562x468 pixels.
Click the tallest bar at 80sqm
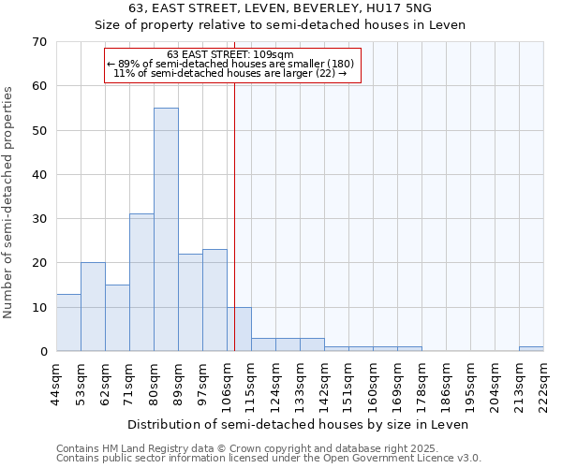[166, 229]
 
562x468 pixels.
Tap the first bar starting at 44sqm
[68, 323]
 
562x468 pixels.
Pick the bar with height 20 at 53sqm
[93, 307]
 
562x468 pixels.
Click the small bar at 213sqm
[531, 349]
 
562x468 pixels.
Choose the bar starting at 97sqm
[214, 300]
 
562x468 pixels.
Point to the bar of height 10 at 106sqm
[239, 329]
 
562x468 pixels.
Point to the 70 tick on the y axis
[39, 42]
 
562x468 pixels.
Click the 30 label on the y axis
[39, 219]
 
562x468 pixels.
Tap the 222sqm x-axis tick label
[544, 385]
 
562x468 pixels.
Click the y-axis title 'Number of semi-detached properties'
[9, 201]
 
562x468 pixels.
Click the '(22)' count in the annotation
[319, 72]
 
